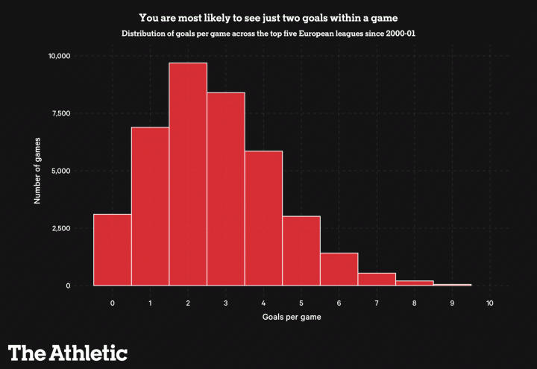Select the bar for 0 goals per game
(x=113, y=250)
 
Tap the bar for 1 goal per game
(x=150, y=206)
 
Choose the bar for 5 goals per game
(x=301, y=250)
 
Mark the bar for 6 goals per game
(x=339, y=269)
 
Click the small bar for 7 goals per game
(x=377, y=279)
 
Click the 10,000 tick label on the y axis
(x=59, y=56)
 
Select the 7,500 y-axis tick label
(x=61, y=113)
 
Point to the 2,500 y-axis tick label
(x=61, y=228)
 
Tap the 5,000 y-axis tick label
(x=61, y=171)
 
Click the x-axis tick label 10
(x=489, y=303)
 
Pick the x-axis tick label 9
(x=452, y=303)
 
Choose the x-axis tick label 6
(x=339, y=303)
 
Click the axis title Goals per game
(x=292, y=318)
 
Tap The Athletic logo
(x=68, y=352)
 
